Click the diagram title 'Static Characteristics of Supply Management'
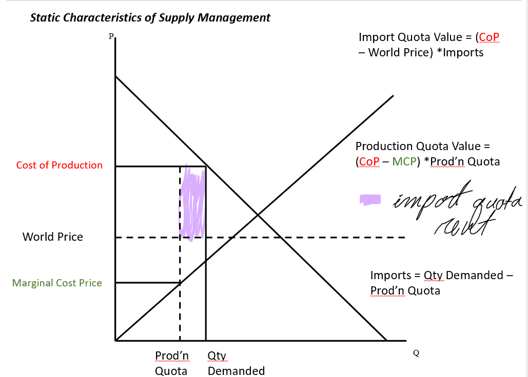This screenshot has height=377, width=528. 150,18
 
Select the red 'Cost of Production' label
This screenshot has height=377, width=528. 59,165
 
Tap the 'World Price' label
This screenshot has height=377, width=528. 52,237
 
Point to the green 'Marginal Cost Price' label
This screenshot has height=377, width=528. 57,283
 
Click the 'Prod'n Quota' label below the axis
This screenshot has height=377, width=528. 172,363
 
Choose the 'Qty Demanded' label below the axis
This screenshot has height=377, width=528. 236,363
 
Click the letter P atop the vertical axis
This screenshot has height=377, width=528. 110,36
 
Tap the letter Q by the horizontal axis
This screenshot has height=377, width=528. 416,353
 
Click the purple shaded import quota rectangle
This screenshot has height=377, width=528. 192,202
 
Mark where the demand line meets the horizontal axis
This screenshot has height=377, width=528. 386,340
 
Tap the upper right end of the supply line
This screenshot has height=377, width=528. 393,96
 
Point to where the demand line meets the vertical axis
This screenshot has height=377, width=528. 116,76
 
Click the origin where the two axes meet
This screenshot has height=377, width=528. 116,340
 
